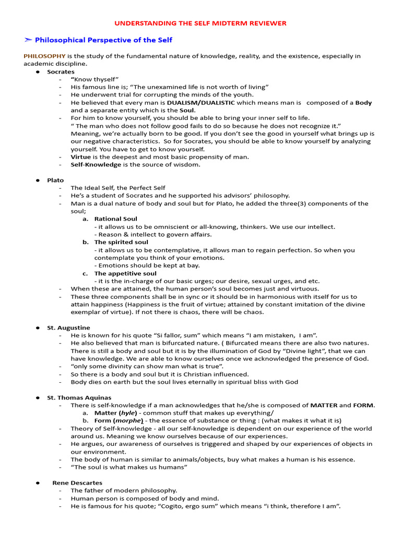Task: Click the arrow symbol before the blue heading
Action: (x=28, y=40)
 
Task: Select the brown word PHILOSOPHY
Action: (x=44, y=56)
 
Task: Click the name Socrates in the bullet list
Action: (x=61, y=71)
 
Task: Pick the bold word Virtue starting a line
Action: (x=81, y=156)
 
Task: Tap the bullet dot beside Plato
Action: (x=38, y=180)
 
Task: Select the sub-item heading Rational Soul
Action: (x=115, y=219)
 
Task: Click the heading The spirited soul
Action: (x=121, y=242)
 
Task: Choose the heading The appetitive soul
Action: (x=125, y=273)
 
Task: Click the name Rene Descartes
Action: (x=77, y=483)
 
